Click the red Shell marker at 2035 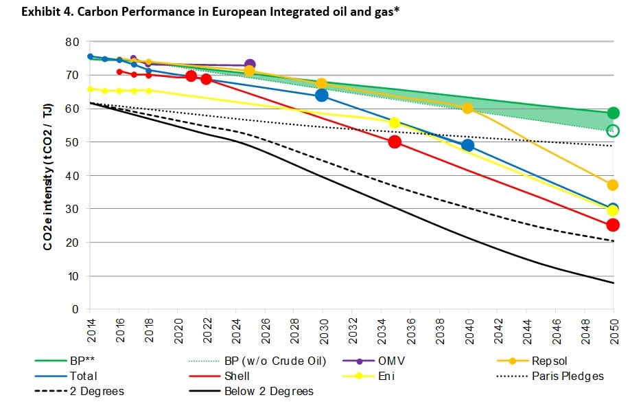tap(395, 142)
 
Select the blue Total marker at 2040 tap(467, 145)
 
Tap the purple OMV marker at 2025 tap(250, 65)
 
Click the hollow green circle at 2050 tap(613, 131)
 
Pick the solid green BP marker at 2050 tap(613, 113)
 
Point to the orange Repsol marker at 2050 tap(613, 185)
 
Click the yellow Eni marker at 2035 tap(395, 123)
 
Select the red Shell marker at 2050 tap(613, 225)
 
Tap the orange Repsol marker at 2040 tap(467, 109)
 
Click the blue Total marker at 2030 tap(322, 95)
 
